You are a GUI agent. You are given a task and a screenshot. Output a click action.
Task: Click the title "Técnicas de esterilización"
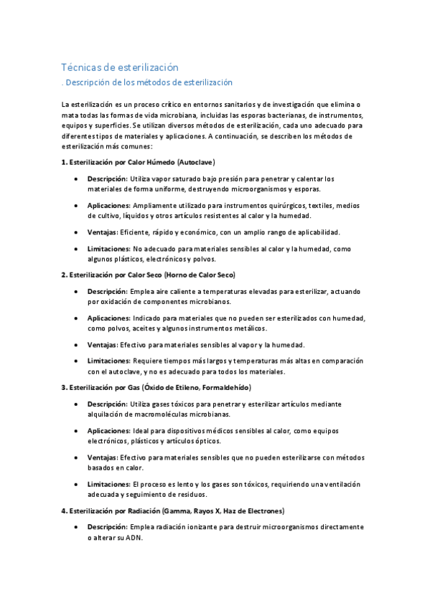point(119,67)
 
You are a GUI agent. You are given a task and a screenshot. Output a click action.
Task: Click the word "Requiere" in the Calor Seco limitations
point(149,361)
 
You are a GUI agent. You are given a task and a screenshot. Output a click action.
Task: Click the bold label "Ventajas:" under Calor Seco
point(103,344)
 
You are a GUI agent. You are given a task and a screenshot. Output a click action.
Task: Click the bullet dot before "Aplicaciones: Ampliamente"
point(75,205)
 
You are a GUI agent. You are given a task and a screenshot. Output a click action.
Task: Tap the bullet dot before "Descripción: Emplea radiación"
point(75,526)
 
